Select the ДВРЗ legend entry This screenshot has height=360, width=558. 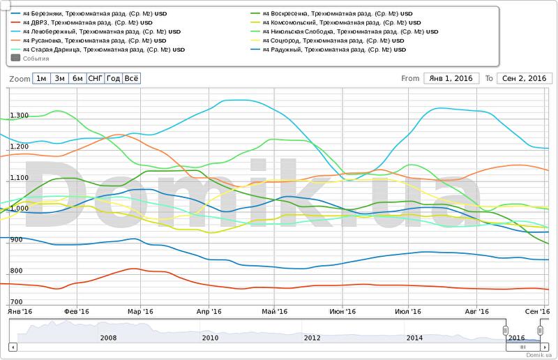[x=87, y=22]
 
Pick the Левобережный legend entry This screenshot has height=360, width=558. [x=101, y=31]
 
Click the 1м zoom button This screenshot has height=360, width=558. [x=42, y=79]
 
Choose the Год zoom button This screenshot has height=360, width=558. [x=113, y=79]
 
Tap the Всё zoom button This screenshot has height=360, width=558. [x=131, y=79]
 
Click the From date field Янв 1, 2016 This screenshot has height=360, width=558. [x=451, y=78]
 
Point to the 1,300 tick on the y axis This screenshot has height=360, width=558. [x=19, y=116]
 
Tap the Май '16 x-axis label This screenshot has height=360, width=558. [x=275, y=312]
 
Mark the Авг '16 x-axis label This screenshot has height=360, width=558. [x=477, y=312]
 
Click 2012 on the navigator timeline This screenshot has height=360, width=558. [x=312, y=338]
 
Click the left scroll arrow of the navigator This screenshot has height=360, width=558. [x=13, y=347]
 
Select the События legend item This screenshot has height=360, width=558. [x=31, y=59]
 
